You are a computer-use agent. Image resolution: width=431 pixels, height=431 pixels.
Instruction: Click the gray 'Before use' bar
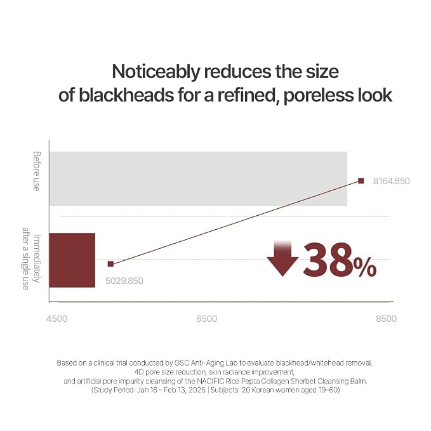point(198,178)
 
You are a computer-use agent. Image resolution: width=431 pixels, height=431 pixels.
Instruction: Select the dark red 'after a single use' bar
point(72,260)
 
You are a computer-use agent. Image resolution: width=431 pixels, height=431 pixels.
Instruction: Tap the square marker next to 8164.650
point(361,181)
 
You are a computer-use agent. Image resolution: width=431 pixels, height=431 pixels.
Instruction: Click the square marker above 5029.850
point(110,264)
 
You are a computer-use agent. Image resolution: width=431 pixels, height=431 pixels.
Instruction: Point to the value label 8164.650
point(391,181)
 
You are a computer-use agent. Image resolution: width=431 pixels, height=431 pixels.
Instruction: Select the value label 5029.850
point(124,281)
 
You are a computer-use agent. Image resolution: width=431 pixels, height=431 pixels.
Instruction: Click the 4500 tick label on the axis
point(57,319)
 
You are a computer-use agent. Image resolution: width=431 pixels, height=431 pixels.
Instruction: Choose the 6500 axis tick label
point(207,319)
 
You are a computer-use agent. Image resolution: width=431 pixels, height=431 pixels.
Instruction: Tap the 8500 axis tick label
point(386,319)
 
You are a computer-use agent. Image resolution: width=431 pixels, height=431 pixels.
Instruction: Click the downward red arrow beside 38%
point(282,258)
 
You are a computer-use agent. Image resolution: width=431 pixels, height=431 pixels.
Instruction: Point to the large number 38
point(328,259)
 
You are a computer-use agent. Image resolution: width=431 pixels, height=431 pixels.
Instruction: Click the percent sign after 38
point(365,267)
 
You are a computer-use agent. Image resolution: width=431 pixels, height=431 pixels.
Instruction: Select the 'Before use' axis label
point(36,171)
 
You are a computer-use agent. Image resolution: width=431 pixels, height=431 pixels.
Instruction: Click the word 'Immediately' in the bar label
point(36,258)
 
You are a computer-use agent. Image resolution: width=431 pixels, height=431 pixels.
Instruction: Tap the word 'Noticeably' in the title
point(156,72)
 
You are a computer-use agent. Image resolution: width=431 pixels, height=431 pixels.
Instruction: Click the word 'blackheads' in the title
point(126,95)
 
